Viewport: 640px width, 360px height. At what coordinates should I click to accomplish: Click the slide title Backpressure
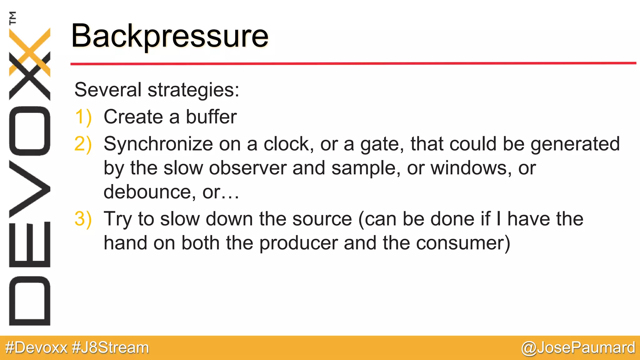(x=170, y=36)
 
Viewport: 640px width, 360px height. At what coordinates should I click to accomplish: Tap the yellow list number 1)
(x=83, y=117)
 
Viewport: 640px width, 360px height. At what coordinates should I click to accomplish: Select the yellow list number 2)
(x=83, y=144)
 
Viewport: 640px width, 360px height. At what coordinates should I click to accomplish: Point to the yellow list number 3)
(x=83, y=219)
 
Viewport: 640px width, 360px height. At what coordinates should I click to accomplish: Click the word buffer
(x=211, y=117)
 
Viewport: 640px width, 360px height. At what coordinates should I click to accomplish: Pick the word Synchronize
(x=158, y=144)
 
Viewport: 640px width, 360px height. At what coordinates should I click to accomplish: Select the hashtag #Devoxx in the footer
(x=36, y=348)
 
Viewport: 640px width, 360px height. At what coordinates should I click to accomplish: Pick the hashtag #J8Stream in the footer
(x=110, y=348)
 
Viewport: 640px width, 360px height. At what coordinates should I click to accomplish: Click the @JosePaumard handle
(x=578, y=348)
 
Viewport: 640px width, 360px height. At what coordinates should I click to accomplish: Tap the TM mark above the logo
(x=12, y=18)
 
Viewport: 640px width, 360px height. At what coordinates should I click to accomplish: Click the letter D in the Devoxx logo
(x=30, y=301)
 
